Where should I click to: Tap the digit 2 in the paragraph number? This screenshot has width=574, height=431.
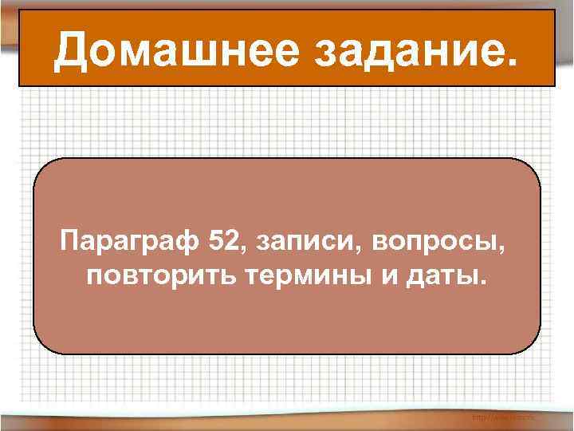coord(229,239)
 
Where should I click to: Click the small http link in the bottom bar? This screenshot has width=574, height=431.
coord(504,417)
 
